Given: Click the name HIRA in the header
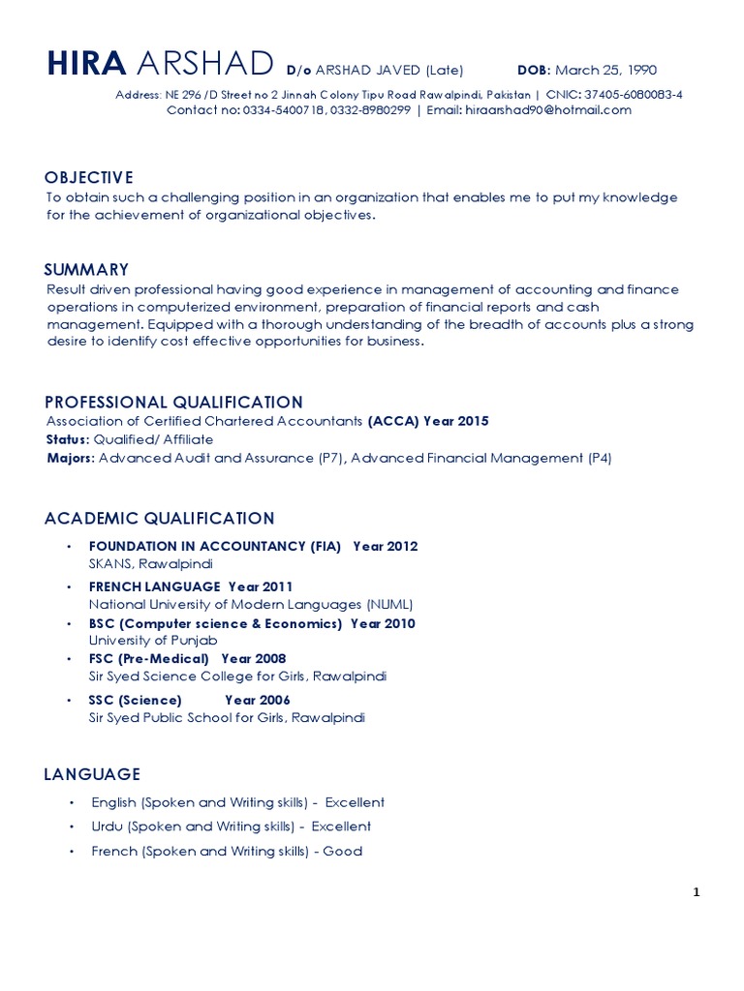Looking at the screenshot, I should tap(86, 65).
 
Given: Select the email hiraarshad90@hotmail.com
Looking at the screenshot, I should tap(548, 110).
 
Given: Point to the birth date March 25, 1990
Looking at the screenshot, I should tap(605, 70).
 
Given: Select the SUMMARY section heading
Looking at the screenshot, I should tap(86, 269).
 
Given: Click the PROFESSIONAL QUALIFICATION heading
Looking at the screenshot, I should tap(174, 402).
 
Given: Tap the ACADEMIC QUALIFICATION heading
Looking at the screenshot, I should tap(160, 518).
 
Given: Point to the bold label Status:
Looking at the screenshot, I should tap(68, 439).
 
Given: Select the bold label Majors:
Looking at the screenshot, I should tap(71, 458).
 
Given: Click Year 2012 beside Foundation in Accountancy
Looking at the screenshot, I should tap(386, 546).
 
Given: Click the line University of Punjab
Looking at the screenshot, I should tap(153, 641).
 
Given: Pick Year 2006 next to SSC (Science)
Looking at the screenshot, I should tap(257, 700).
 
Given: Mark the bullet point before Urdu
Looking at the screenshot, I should tap(72, 827).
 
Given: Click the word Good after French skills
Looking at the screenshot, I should tap(343, 852).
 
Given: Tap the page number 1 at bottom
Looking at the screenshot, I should tap(696, 893).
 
